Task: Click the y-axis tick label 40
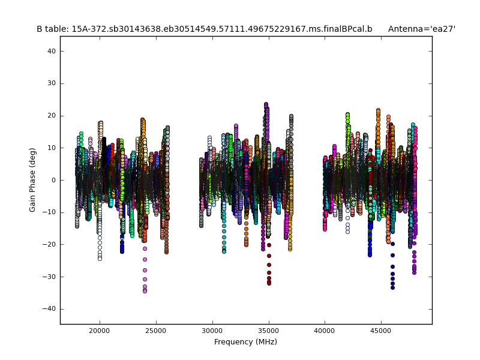(x=52, y=51)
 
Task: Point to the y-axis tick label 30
(x=52, y=83)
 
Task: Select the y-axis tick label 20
(x=52, y=115)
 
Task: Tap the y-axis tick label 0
(x=54, y=180)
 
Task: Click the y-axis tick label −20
(x=50, y=244)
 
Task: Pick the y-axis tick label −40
(x=50, y=308)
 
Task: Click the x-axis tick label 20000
(x=99, y=329)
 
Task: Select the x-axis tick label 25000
(x=155, y=329)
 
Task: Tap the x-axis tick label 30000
(x=212, y=329)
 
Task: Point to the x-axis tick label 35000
(x=268, y=329)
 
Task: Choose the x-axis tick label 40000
(x=325, y=329)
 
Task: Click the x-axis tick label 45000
(x=381, y=329)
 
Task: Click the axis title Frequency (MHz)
(x=245, y=342)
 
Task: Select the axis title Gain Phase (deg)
(x=33, y=180)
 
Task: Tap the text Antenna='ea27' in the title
(x=421, y=29)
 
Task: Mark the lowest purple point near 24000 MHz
(x=145, y=291)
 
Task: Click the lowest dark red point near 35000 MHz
(x=269, y=283)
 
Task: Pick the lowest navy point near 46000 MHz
(x=392, y=287)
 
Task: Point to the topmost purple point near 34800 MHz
(x=266, y=104)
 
